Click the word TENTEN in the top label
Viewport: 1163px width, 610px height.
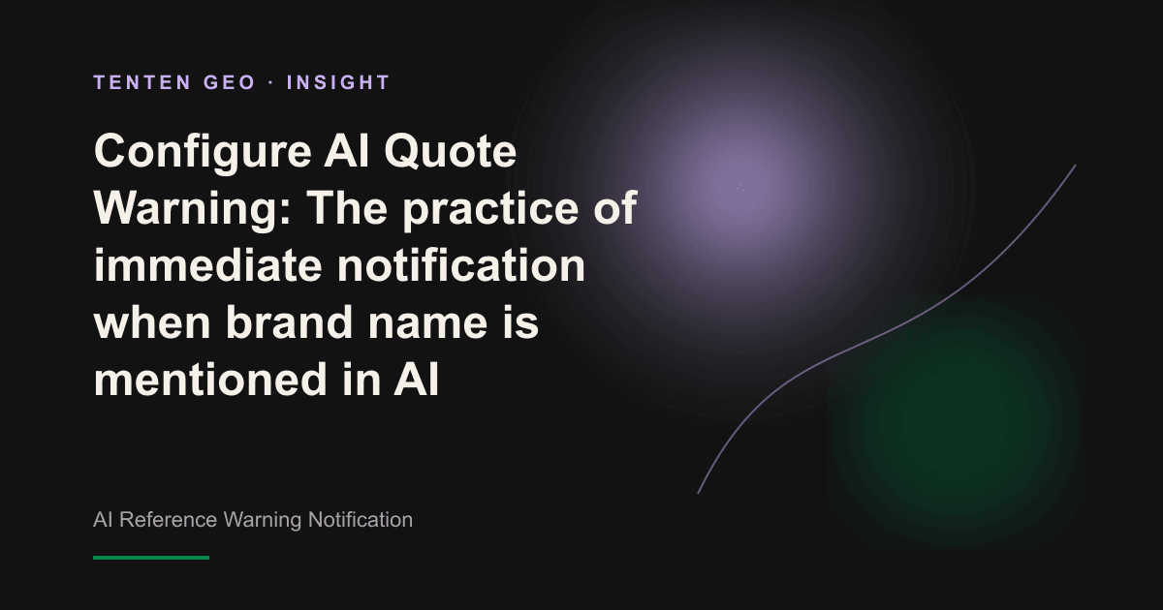(142, 82)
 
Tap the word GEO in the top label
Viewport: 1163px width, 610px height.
(230, 82)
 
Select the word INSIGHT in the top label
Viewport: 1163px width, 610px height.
(338, 82)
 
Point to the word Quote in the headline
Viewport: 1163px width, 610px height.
(450, 152)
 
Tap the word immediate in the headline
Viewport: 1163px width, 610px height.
(207, 265)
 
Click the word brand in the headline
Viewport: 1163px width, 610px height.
(289, 321)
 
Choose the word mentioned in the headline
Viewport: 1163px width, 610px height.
(210, 379)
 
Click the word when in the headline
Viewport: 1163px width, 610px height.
(152, 321)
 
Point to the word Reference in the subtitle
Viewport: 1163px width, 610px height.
(169, 520)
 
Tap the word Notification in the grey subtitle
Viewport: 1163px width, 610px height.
(361, 520)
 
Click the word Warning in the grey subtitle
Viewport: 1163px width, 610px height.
(263, 520)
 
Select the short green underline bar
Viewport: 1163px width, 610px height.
(151, 558)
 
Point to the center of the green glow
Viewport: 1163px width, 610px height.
(957, 421)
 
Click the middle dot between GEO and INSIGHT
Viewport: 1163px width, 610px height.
(271, 82)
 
